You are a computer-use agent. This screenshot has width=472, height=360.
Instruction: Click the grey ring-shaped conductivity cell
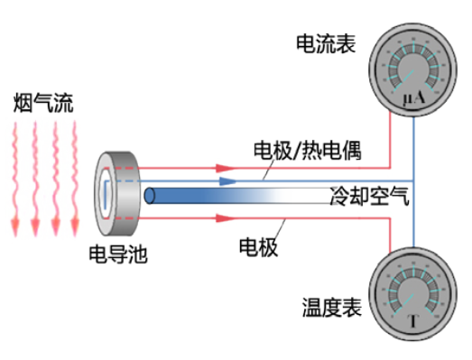pos(118,190)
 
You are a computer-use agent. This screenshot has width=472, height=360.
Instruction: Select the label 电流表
pos(324,42)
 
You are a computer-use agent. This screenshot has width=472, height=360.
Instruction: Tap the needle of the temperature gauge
pos(417,295)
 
